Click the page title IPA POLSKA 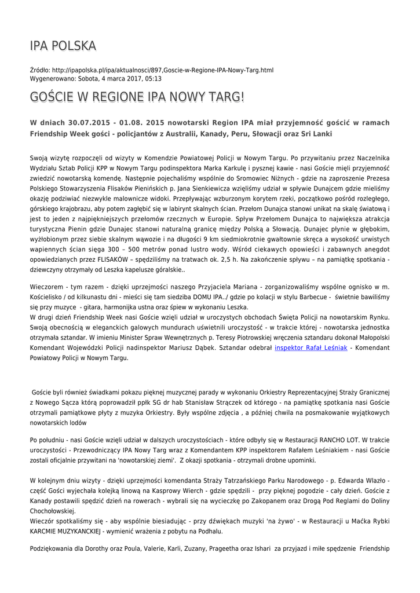coord(63,46)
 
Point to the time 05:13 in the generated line coord(154,78)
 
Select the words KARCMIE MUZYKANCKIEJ coord(65,531)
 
